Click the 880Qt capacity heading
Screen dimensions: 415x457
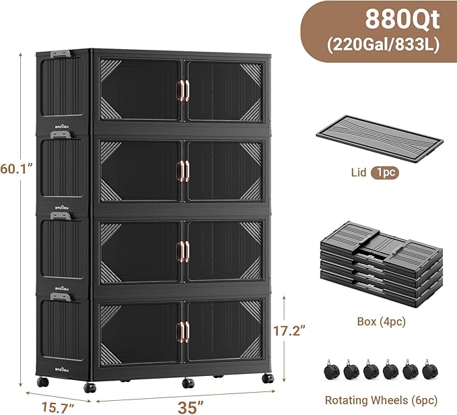pyautogui.click(x=402, y=20)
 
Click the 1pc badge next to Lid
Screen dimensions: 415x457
pyautogui.click(x=383, y=172)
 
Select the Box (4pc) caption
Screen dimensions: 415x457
pyautogui.click(x=381, y=322)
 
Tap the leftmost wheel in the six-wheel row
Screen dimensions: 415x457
pyautogui.click(x=332, y=369)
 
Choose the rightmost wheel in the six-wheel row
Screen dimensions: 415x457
pyautogui.click(x=427, y=369)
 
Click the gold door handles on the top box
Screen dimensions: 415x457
pyautogui.click(x=182, y=91)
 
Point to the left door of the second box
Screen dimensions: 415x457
pyautogui.click(x=139, y=171)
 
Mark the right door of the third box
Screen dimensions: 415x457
pyautogui.click(x=225, y=251)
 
